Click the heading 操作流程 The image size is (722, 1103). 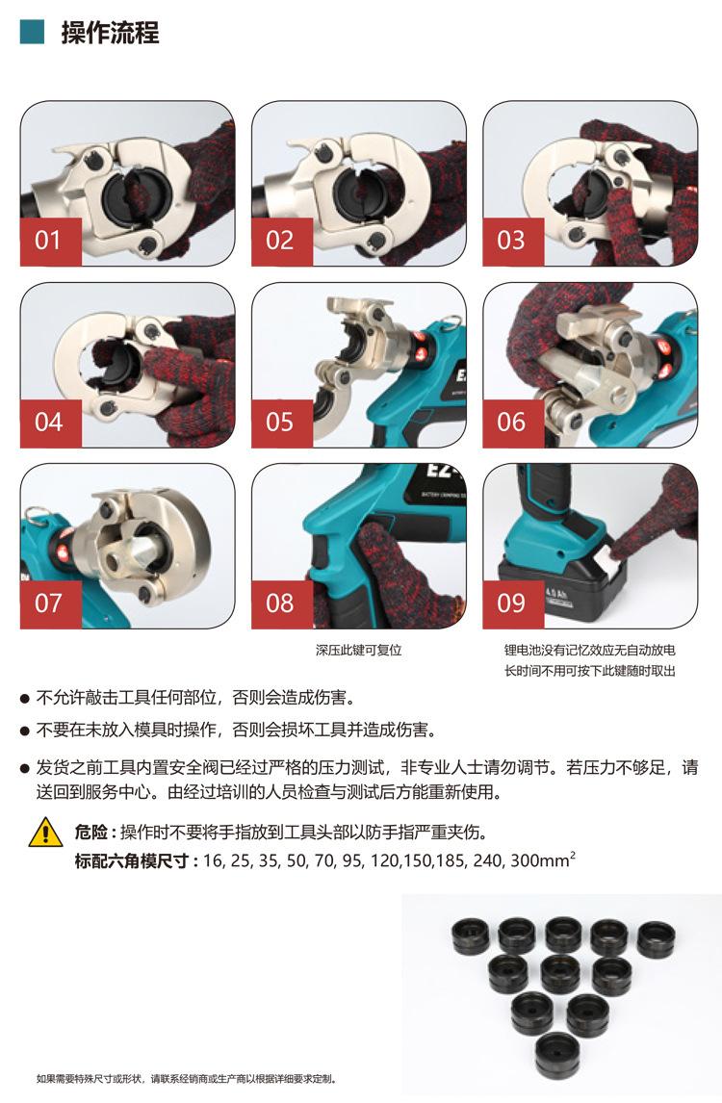tap(110, 33)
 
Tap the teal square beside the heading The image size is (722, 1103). tap(32, 33)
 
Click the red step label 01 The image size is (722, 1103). tap(51, 242)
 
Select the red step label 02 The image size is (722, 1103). tap(281, 242)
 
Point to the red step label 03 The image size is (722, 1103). tap(513, 242)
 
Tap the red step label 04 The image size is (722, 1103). tap(51, 423)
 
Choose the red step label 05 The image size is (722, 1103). tap(281, 423)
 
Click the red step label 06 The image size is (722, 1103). tap(513, 423)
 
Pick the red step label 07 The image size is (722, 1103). tap(51, 604)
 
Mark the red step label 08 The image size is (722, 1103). tap(281, 604)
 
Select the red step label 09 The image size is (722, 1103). tap(513, 604)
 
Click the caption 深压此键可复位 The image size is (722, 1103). tap(359, 650)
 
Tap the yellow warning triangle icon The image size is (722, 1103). tap(46, 833)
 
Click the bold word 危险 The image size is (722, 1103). tap(91, 833)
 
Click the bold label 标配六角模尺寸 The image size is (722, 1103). tap(132, 860)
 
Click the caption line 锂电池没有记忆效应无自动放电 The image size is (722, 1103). tap(590, 650)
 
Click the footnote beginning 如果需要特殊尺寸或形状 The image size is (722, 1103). tap(187, 1078)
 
